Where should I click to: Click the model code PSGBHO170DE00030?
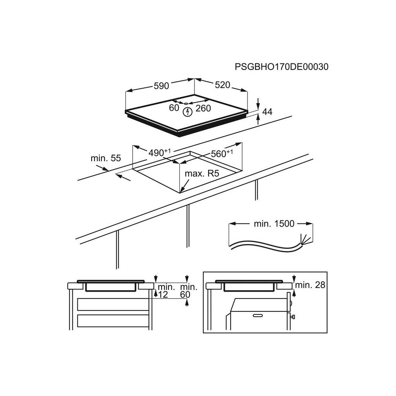282,67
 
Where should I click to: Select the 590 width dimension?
161,86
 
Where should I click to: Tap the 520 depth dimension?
222,85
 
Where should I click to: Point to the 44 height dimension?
267,112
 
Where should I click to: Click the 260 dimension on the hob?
203,108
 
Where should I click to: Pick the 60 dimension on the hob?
174,108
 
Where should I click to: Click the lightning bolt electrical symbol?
188,112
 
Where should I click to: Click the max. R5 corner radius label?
201,173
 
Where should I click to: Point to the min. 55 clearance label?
106,158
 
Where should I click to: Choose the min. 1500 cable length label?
274,224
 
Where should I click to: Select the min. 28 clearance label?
310,285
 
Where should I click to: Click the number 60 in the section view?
186,295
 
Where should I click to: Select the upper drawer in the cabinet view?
113,304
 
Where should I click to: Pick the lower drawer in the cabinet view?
113,321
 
